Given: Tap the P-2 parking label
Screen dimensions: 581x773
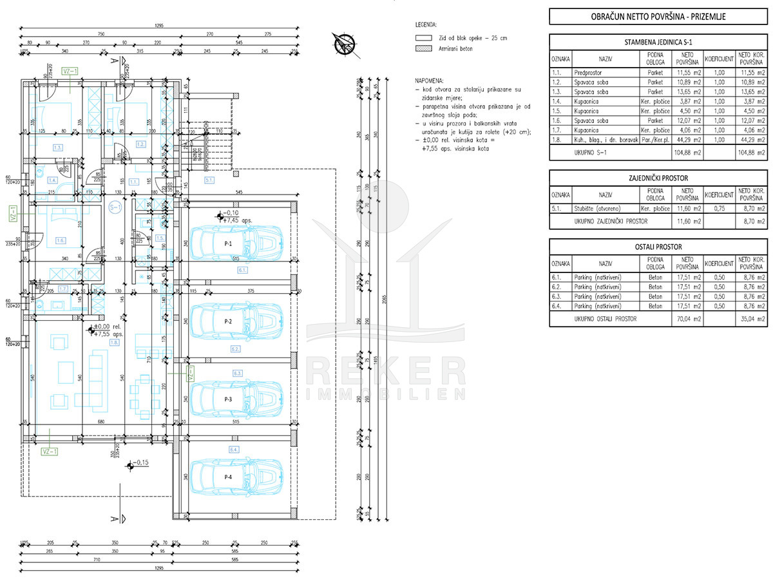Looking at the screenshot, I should (x=227, y=321).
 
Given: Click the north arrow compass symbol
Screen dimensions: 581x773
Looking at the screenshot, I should (x=343, y=43).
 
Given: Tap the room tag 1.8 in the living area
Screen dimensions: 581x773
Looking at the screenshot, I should (x=115, y=343).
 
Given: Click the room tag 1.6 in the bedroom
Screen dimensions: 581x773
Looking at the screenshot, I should (x=61, y=240).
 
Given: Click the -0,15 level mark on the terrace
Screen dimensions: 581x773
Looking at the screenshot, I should (x=138, y=462).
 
